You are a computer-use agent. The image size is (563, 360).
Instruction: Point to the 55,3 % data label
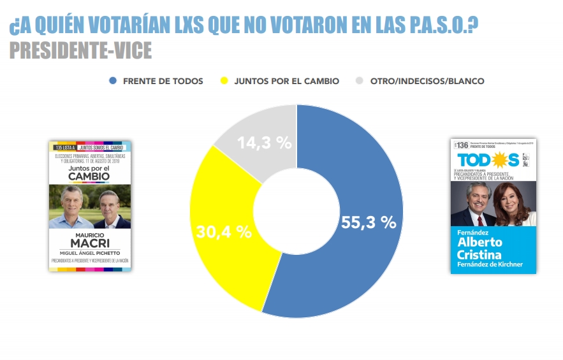[368, 222]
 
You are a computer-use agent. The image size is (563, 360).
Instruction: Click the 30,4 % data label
[223, 231]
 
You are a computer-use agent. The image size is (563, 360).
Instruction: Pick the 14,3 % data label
[265, 143]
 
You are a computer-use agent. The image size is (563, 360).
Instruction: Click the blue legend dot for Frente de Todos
[113, 81]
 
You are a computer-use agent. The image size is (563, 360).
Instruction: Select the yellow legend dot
[224, 81]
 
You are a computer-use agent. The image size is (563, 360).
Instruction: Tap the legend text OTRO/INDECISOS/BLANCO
[427, 81]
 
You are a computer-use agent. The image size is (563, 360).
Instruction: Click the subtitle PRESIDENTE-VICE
[81, 51]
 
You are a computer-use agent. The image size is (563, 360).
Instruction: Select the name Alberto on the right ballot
[479, 242]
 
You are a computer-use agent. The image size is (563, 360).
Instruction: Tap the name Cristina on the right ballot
[479, 254]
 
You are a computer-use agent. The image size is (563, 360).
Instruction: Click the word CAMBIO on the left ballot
[90, 176]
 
